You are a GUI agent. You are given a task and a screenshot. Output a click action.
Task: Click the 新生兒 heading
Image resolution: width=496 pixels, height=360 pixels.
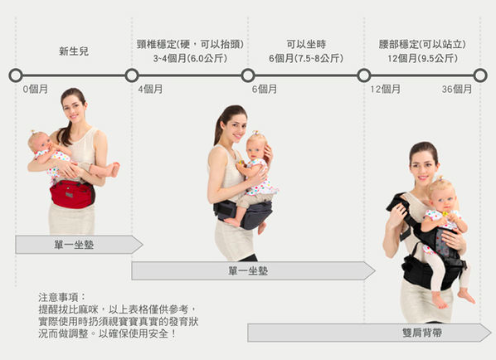(x=74, y=51)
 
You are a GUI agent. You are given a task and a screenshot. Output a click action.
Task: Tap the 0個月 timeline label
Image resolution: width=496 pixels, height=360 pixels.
(x=35, y=90)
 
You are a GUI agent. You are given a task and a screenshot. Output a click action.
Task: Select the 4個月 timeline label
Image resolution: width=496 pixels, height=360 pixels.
(x=150, y=90)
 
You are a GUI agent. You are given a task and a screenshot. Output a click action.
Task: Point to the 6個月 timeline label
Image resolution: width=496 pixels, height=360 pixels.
(x=265, y=90)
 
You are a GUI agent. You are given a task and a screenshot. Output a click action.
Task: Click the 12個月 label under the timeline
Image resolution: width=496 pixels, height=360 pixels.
(x=386, y=90)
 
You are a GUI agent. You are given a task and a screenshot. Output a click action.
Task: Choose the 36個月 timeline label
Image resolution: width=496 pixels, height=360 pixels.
(x=457, y=90)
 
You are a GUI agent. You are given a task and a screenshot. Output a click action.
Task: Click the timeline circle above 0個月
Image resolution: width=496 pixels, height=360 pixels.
(x=16, y=75)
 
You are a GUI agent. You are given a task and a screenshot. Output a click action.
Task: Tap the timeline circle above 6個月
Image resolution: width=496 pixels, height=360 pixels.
(x=248, y=75)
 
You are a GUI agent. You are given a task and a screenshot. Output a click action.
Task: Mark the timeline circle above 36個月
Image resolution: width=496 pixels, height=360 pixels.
(x=480, y=75)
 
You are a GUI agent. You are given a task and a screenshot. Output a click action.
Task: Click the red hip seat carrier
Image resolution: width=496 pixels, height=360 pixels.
(x=72, y=194)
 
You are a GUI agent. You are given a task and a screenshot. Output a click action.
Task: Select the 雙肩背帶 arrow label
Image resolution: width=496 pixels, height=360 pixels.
(x=422, y=333)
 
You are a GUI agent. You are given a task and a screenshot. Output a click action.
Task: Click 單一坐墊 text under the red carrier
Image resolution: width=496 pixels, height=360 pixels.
(x=74, y=245)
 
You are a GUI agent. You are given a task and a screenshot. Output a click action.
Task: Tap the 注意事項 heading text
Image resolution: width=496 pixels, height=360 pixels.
(x=59, y=297)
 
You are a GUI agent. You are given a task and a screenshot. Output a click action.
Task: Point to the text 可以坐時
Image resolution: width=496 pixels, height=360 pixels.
(x=306, y=44)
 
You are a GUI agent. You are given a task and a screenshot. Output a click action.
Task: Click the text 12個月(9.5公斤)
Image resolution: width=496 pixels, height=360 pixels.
(x=423, y=58)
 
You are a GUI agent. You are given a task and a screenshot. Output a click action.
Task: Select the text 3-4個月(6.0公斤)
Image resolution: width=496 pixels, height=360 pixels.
(x=190, y=58)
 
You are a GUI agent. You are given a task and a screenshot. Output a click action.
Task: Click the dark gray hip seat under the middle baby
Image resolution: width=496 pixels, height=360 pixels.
(x=244, y=213)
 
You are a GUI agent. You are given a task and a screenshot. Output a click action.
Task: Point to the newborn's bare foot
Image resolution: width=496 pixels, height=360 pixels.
(x=114, y=169)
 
